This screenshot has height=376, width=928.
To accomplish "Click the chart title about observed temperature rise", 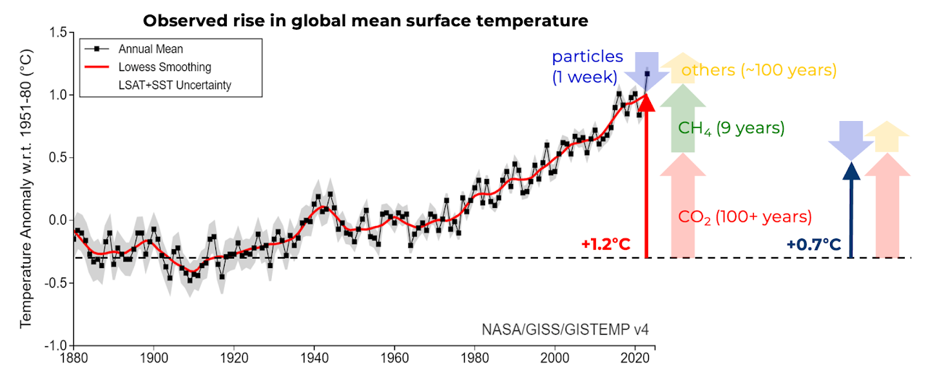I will (x=365, y=20).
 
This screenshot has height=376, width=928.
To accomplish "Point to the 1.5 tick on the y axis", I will (x=58, y=33).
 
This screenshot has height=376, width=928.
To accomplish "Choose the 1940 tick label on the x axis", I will (x=314, y=358).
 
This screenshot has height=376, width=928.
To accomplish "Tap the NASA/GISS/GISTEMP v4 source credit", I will (x=565, y=330).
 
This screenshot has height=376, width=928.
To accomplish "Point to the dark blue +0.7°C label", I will (x=814, y=244).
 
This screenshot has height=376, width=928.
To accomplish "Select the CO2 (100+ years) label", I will (x=745, y=217).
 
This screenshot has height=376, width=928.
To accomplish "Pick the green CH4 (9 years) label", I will (x=731, y=129).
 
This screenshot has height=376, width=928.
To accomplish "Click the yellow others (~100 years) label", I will (x=759, y=71).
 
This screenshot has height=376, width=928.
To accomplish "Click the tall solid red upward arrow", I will (x=647, y=181).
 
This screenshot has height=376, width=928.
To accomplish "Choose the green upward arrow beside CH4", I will (x=683, y=117).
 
